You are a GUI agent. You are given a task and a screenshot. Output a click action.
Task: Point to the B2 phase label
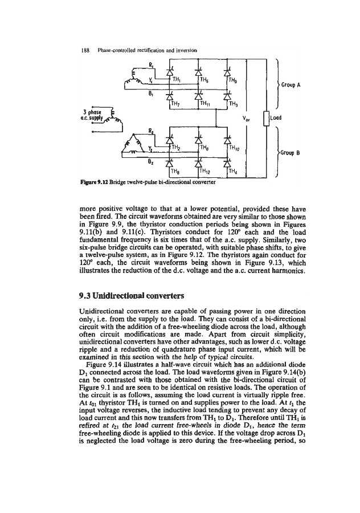(150, 162)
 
